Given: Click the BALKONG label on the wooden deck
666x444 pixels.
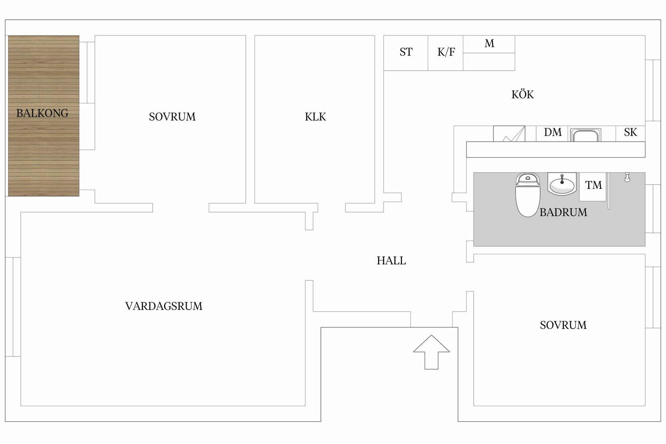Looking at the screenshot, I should [x=42, y=113].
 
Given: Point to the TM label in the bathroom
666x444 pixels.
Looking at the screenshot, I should [x=593, y=185].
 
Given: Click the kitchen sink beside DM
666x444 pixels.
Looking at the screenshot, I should [x=585, y=135].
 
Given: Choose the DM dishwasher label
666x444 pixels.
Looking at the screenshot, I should [x=553, y=132].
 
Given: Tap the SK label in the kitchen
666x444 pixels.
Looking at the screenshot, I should [x=630, y=132].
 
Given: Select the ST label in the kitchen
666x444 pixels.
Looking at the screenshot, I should [x=406, y=52].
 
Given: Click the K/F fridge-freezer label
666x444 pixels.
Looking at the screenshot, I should [x=446, y=52].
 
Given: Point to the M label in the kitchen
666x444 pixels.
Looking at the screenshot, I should [x=489, y=44].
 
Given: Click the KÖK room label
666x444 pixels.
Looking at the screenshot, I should [x=522, y=94].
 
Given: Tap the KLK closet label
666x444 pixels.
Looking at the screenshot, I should [x=315, y=117].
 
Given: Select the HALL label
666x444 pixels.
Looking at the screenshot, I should [x=391, y=261].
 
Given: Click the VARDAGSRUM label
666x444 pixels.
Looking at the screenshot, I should [x=163, y=306].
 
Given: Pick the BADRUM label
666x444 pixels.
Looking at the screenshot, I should [x=563, y=212].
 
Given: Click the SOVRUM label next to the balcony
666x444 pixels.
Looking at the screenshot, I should [x=172, y=117].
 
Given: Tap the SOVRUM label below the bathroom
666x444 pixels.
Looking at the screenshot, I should [x=563, y=325].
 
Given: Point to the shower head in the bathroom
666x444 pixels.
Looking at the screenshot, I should [x=627, y=177].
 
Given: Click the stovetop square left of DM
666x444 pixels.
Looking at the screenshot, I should [x=509, y=134].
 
